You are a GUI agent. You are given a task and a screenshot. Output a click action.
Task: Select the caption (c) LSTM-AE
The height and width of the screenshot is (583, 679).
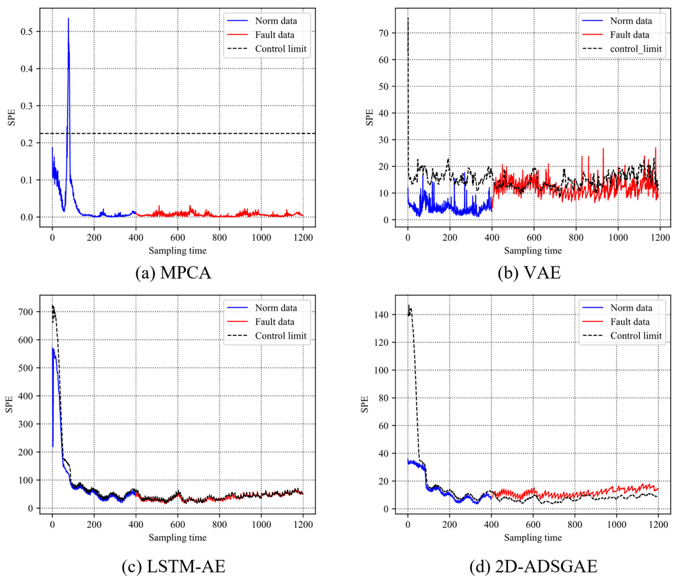[173, 566]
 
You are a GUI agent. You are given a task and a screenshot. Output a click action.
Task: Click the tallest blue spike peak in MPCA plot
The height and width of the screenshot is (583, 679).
[68, 19]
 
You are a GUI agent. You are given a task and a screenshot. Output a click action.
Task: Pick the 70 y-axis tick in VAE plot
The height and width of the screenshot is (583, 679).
[383, 33]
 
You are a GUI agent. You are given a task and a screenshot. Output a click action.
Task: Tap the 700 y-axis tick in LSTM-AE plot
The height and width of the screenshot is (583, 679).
[26, 312]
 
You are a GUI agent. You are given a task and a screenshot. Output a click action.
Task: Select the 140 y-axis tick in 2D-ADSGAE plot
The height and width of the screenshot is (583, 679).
[381, 315]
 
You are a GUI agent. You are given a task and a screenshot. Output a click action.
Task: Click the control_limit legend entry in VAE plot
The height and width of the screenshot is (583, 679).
[635, 49]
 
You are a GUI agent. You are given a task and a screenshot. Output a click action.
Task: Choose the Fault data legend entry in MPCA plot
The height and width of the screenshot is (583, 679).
[275, 35]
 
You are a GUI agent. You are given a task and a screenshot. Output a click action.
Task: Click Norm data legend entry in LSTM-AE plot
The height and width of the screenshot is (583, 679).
[276, 308]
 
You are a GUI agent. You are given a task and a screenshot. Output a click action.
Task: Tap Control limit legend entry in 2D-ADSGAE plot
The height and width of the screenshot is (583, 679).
[635, 336]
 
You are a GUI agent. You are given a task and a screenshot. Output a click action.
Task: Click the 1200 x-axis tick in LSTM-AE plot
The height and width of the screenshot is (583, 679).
[303, 524]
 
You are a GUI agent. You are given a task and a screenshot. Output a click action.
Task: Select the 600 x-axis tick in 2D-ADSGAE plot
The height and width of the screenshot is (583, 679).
[533, 524]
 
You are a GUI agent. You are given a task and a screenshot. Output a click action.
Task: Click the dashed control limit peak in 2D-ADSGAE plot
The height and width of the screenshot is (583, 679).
[409, 306]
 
